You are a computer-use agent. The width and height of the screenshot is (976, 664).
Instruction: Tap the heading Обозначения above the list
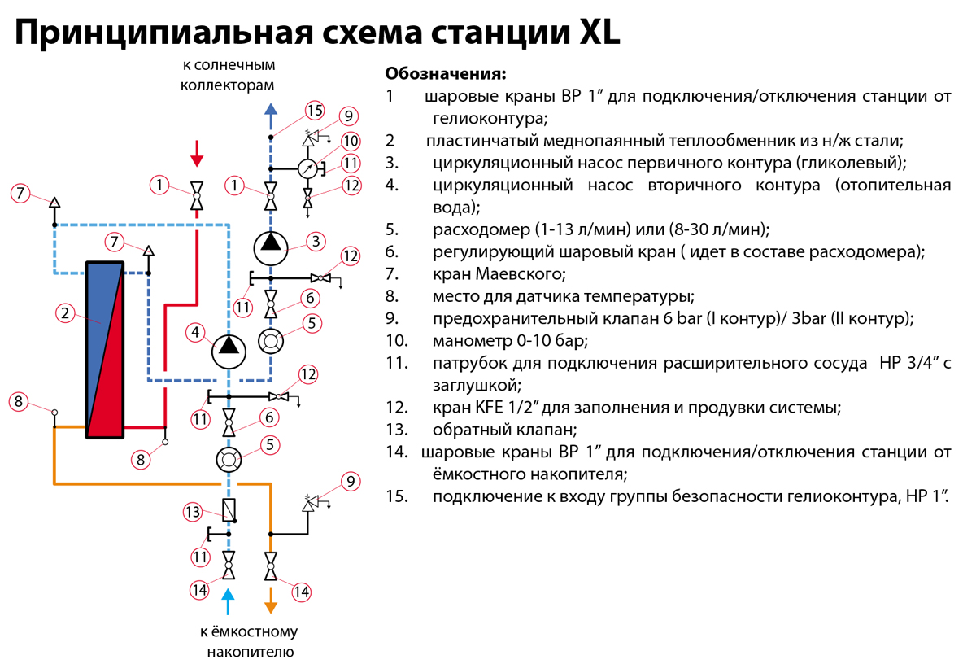tap(445, 73)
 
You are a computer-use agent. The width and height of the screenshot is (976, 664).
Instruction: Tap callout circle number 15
tap(315, 111)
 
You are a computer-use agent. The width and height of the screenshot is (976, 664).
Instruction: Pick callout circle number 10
tap(351, 140)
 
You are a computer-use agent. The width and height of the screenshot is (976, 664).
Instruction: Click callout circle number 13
tap(193, 512)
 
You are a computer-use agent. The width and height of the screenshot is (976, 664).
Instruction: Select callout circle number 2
tap(64, 312)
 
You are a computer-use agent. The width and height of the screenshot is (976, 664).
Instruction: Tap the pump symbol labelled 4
tap(229, 351)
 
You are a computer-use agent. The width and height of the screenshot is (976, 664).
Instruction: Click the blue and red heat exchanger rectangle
tap(105, 349)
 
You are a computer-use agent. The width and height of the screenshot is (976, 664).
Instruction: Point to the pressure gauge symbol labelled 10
tap(307, 168)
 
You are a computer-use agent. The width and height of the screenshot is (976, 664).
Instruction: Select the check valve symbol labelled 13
tap(229, 511)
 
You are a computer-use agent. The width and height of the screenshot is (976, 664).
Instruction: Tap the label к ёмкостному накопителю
tap(249, 642)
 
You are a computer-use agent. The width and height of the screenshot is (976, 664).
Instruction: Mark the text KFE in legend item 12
tap(484, 407)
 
